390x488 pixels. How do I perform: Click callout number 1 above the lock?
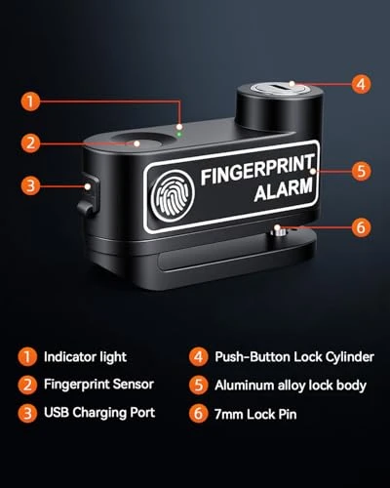pyautogui.click(x=32, y=101)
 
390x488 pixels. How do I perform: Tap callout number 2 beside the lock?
pyautogui.click(x=32, y=143)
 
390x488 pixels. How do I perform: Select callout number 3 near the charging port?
pyautogui.click(x=32, y=183)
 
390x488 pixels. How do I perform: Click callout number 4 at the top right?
pyautogui.click(x=361, y=84)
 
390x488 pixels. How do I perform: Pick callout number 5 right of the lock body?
pyautogui.click(x=361, y=171)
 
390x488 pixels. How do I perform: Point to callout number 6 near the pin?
pyautogui.click(x=361, y=227)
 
